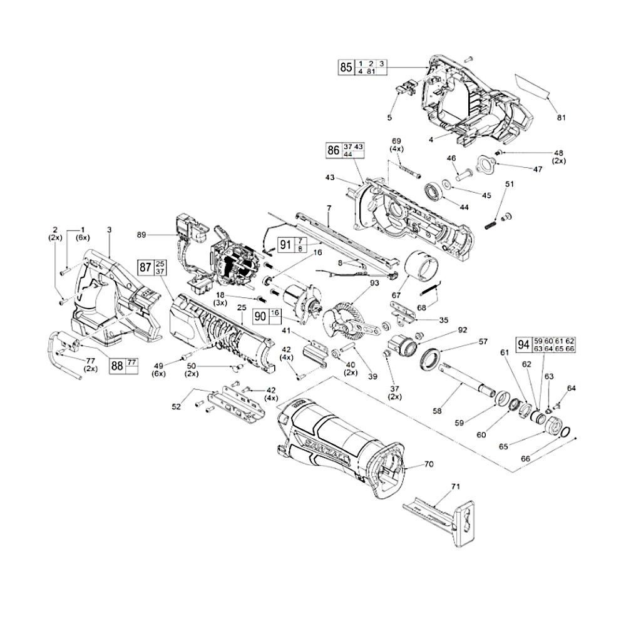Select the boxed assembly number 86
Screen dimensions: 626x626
tap(334, 150)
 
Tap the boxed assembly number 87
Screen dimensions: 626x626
tap(145, 268)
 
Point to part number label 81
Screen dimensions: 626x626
tap(560, 117)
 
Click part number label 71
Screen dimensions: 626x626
tap(455, 486)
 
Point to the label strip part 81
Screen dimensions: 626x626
tap(531, 86)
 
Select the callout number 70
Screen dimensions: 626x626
tap(429, 464)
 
